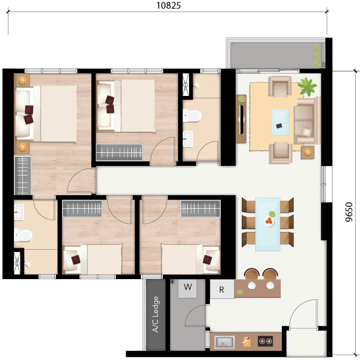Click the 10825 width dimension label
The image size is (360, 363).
[x=168, y=6]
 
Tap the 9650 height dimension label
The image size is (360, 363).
[x=348, y=212]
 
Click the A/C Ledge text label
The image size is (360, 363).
[x=155, y=314]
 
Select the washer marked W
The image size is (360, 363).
[x=188, y=288]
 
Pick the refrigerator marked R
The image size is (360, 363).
[x=222, y=289]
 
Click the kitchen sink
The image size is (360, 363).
[x=224, y=342]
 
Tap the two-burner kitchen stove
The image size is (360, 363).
[x=265, y=341]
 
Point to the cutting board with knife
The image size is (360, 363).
[x=246, y=342]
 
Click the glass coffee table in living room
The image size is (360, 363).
[x=280, y=122]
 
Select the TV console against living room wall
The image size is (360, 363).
[x=241, y=119]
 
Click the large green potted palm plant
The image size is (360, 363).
[x=307, y=87]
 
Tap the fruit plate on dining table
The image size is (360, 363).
[x=269, y=221]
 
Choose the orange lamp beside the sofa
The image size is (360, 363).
[x=308, y=152]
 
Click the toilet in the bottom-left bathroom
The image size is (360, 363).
[x=23, y=235]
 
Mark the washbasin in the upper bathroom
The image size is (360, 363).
[x=187, y=139]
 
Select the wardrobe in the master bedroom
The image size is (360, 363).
[x=23, y=175]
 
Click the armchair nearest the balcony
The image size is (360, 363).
[x=280, y=86]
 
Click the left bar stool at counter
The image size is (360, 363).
[x=252, y=274]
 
